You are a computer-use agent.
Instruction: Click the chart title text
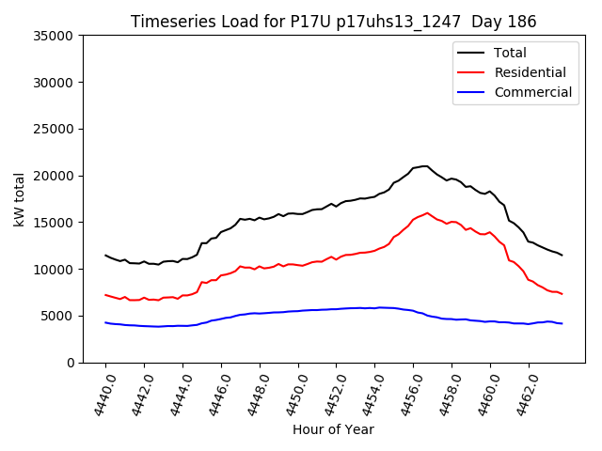pyautogui.click(x=333, y=22)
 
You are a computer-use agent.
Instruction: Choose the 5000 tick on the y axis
pyautogui.click(x=58, y=316)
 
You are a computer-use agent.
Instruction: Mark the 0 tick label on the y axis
pyautogui.click(x=71, y=363)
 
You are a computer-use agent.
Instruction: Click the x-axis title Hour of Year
pyautogui.click(x=333, y=429)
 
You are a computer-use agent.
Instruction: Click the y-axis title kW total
pyautogui.click(x=19, y=199)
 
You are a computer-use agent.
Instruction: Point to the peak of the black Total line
pyautogui.click(x=425, y=166)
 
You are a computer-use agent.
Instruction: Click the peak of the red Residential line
pyautogui.click(x=427, y=212)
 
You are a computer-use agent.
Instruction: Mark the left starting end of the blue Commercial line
pyautogui.click(x=105, y=322)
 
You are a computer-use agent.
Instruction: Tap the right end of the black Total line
pyautogui.click(x=562, y=256)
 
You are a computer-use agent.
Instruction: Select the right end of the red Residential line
pyautogui.click(x=562, y=294)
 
